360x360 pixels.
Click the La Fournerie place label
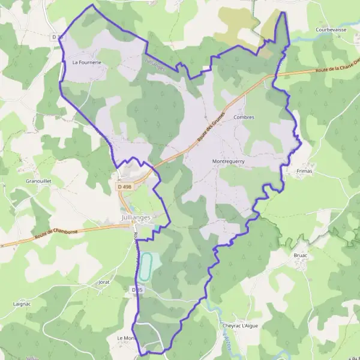[x=87, y=62]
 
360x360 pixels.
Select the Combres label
[x=244, y=118]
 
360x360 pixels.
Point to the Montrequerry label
[x=229, y=161]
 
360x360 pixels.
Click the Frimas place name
[x=305, y=170]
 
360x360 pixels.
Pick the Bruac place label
[x=301, y=255]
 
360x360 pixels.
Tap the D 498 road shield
[x=124, y=187]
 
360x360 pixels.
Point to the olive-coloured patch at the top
[x=240, y=27]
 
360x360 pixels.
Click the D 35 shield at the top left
[x=58, y=37]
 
